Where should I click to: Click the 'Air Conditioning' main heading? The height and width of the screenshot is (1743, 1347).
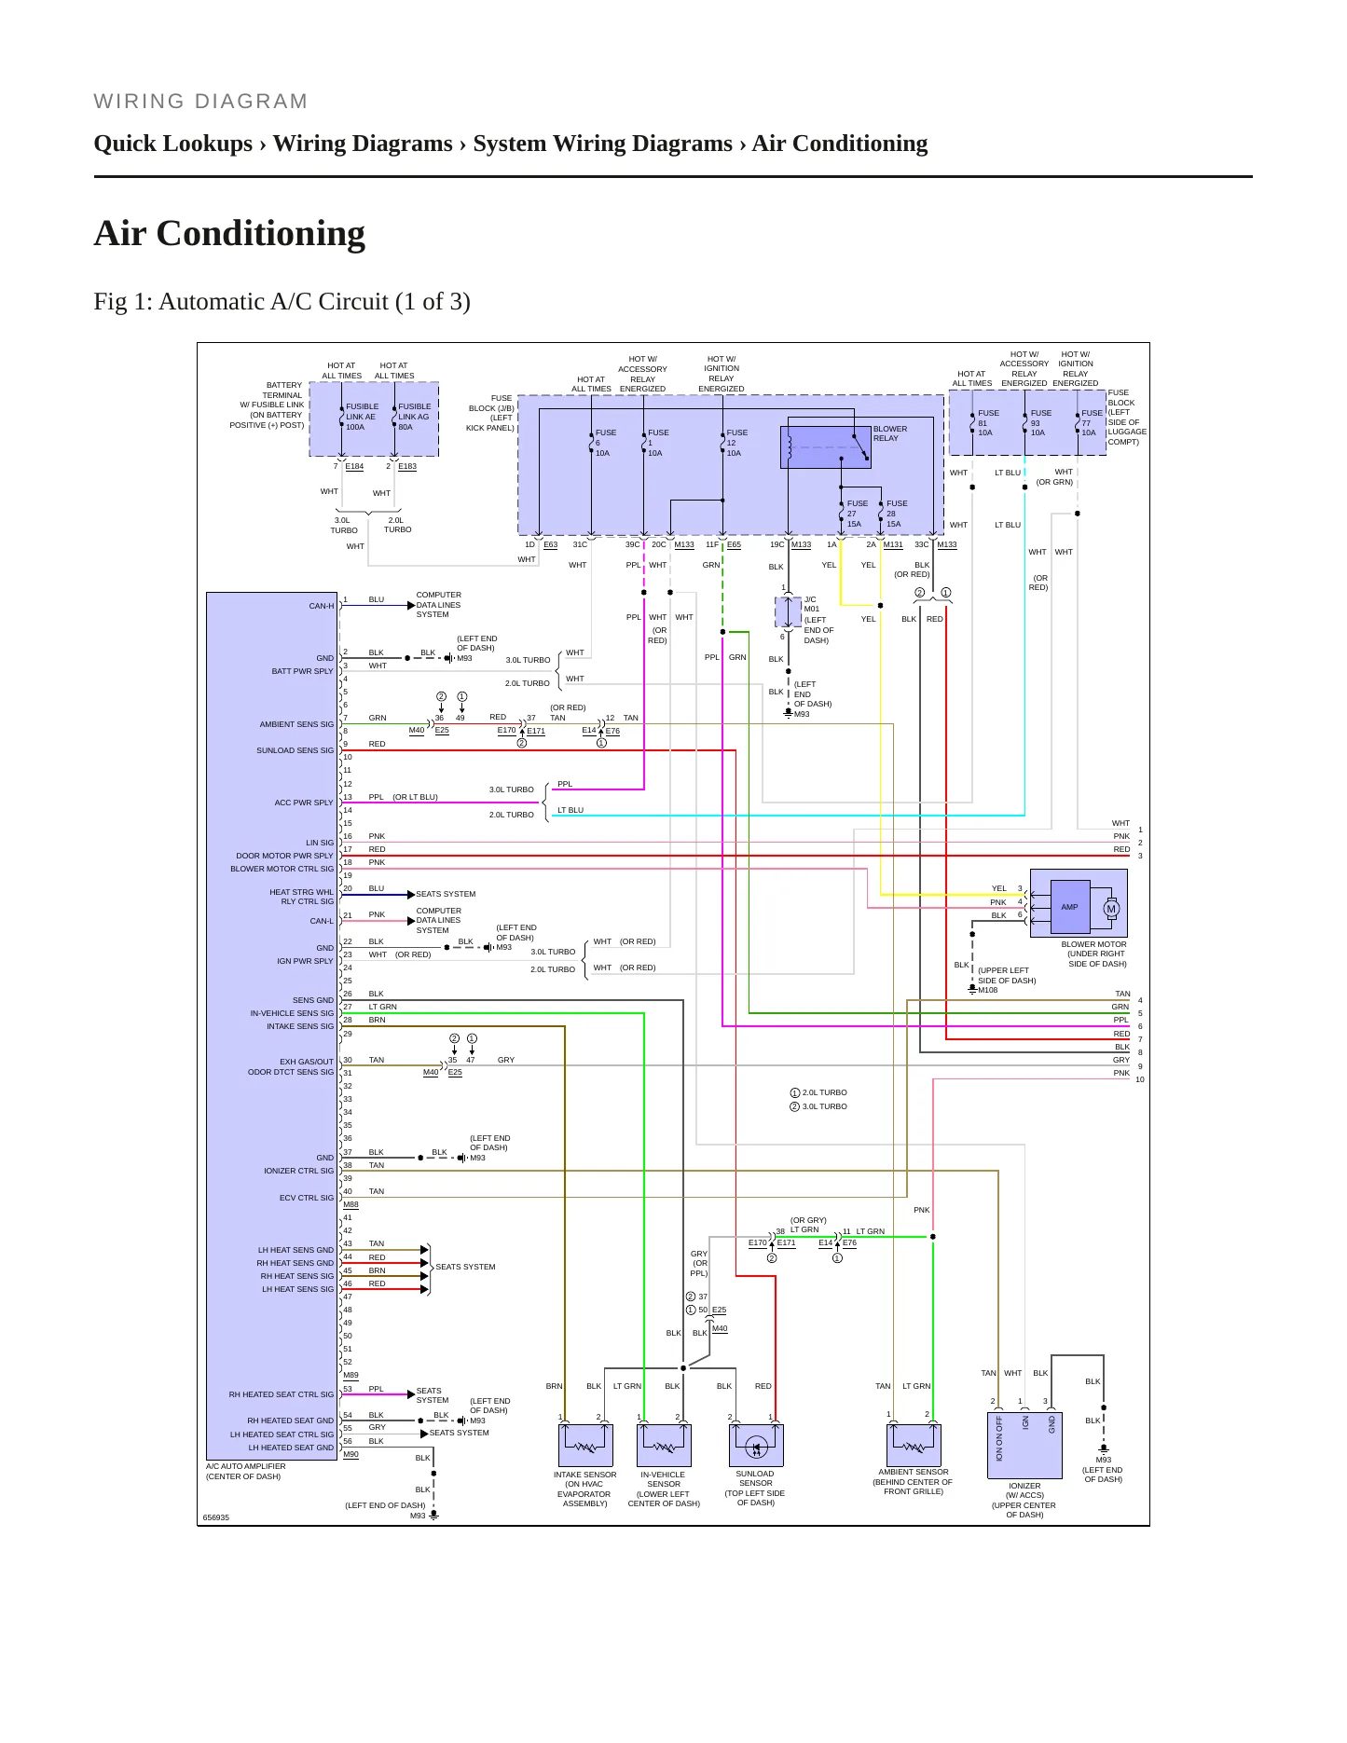point(229,233)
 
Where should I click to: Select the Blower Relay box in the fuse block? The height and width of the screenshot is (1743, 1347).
point(825,447)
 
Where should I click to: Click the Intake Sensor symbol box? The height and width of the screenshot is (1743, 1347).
point(585,1446)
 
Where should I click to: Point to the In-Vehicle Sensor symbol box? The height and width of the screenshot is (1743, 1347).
point(664,1446)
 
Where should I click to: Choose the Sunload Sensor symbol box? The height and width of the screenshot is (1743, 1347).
point(755,1446)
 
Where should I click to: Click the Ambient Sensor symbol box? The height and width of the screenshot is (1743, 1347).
point(914,1445)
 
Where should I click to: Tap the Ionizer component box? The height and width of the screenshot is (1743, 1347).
point(1024,1446)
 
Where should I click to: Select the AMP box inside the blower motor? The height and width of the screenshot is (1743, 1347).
point(1069,907)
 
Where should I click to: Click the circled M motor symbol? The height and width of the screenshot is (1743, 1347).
point(1111,909)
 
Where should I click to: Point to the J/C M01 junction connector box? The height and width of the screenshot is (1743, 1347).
point(789,612)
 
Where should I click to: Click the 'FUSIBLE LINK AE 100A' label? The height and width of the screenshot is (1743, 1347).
point(362,417)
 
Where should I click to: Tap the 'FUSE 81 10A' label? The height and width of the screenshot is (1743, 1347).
point(987,422)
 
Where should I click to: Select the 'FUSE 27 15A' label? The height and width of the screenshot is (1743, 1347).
point(857,514)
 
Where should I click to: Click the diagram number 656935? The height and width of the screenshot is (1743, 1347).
point(216,1517)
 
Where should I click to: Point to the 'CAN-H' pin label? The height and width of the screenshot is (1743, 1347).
point(321,606)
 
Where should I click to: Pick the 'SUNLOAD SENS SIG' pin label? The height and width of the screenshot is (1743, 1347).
point(295,750)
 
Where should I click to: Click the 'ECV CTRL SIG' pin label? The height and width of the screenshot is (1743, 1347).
point(307,1198)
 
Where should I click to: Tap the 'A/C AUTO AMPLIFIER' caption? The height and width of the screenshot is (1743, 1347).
point(246,1466)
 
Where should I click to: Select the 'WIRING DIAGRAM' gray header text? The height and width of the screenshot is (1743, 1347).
point(200,102)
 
